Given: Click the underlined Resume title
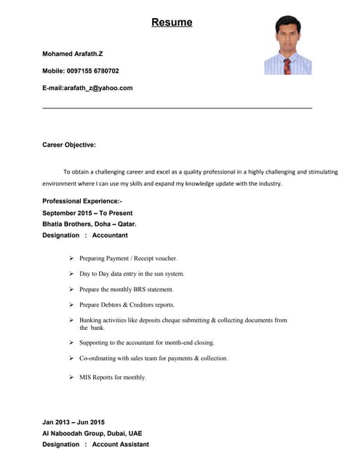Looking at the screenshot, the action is tap(172, 23).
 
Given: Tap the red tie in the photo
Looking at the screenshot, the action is tap(287, 66).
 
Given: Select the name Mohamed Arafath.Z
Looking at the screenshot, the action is tap(73, 54).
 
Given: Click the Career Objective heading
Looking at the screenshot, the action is tap(69, 145).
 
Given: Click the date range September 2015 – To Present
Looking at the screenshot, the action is tap(87, 213).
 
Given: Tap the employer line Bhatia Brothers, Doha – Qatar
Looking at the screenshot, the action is tap(89, 224).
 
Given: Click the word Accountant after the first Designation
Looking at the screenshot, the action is tap(110, 235).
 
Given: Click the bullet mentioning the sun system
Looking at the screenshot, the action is tap(132, 274).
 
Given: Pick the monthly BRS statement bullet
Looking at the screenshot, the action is tap(126, 289).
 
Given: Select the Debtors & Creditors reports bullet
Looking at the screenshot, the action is tap(127, 305).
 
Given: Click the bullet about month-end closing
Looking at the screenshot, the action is tap(146, 342).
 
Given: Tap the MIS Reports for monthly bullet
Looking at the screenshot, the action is tap(113, 377).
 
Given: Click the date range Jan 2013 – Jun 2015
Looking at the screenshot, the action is tap(73, 422).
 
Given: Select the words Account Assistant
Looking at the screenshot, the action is tap(121, 445).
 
